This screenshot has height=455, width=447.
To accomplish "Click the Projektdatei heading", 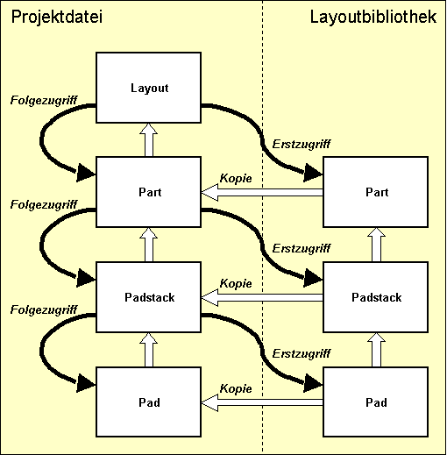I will pyautogui.click(x=52, y=18).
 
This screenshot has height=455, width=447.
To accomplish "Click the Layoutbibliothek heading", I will pyautogui.click(x=373, y=18).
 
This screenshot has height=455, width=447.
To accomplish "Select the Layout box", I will pyautogui.click(x=148, y=89).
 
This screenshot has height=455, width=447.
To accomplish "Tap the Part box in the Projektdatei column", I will pyautogui.click(x=148, y=192).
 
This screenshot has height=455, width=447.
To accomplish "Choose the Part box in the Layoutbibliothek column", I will pyautogui.click(x=375, y=192).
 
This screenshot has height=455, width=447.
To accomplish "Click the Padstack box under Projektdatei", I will pyautogui.click(x=148, y=297).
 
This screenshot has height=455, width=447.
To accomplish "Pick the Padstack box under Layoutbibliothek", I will pyautogui.click(x=375, y=297).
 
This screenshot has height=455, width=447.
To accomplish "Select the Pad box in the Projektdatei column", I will pyautogui.click(x=148, y=402).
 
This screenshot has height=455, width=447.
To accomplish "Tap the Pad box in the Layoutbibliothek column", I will pyautogui.click(x=375, y=402).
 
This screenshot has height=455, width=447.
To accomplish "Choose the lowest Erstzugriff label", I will pyautogui.click(x=301, y=353).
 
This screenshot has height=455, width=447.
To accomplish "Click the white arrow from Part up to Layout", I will pyautogui.click(x=148, y=139).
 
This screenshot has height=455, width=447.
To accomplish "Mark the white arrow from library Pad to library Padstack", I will pyautogui.click(x=375, y=350).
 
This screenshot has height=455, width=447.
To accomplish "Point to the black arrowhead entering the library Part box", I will pyautogui.click(x=312, y=174).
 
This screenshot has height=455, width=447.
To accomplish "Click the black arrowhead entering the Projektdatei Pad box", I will pyautogui.click(x=86, y=382).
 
